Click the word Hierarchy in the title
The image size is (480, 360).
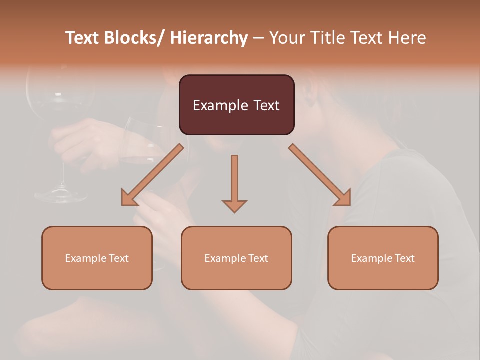pyautogui.click(x=208, y=38)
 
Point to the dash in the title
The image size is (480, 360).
pyautogui.click(x=258, y=38)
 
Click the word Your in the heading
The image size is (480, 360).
pyautogui.click(x=287, y=38)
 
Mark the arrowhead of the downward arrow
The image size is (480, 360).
pyautogui.click(x=234, y=205)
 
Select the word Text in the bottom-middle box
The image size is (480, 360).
pyautogui.click(x=257, y=258)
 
